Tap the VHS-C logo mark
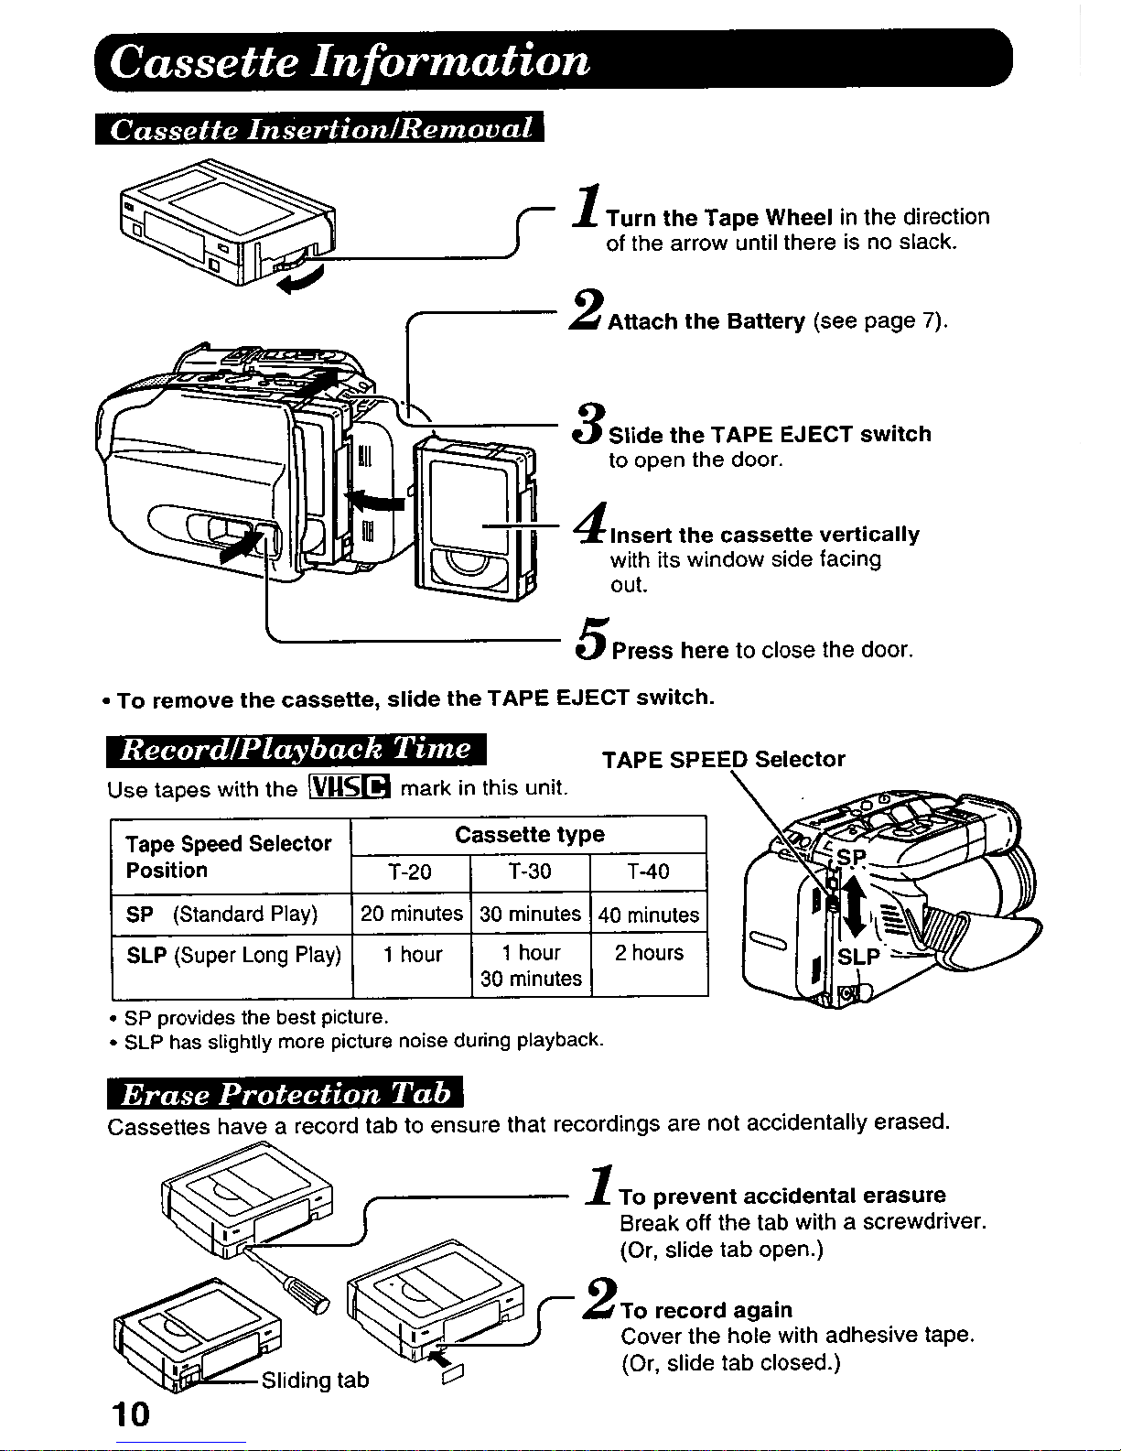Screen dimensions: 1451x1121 350,787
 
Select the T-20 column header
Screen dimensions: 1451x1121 410,872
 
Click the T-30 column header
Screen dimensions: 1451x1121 530,872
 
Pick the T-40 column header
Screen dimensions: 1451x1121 648,872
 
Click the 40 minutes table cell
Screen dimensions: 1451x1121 649,915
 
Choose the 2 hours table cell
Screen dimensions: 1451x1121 649,953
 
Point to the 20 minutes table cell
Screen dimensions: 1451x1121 412,914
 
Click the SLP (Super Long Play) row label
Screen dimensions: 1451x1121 233,956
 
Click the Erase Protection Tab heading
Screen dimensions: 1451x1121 286,1093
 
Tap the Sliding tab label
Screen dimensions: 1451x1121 315,1380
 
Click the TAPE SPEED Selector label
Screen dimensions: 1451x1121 723,759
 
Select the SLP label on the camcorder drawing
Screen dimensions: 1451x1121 858,958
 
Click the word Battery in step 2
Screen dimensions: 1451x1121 766,321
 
